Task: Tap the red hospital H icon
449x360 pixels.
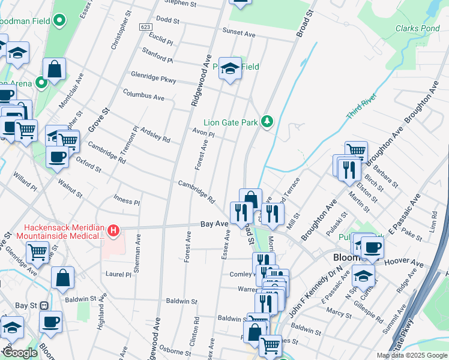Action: coord(113,230)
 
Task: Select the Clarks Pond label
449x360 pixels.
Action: coord(418,28)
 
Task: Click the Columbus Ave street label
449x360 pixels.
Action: coord(143,96)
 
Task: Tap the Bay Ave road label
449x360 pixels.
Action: coord(214,224)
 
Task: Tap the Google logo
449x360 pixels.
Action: coord(20,353)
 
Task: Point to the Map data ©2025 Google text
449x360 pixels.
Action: coord(411,355)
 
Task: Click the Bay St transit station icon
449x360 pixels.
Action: coord(44,305)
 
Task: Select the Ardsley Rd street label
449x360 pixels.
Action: coord(155,135)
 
